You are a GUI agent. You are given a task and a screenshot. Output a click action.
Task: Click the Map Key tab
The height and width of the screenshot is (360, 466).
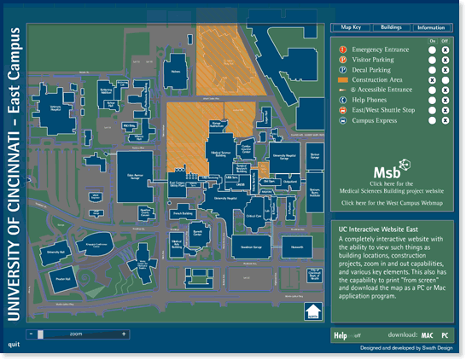click(351, 27)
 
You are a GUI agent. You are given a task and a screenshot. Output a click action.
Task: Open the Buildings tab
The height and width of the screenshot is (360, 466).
click(391, 27)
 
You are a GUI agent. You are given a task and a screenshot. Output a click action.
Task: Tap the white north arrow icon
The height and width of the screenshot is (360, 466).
click(313, 313)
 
